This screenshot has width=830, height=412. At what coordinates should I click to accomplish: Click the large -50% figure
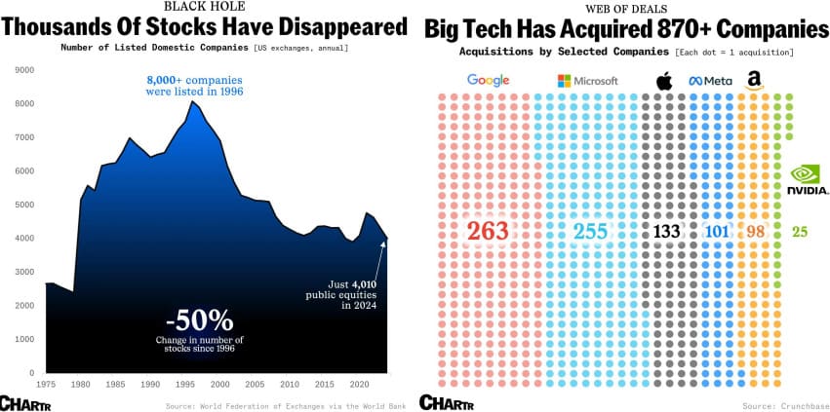tap(199, 318)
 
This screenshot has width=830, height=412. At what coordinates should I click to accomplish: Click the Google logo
tap(489, 80)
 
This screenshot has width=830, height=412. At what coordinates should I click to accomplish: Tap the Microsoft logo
tap(587, 81)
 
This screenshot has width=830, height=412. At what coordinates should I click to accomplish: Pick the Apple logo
tap(664, 80)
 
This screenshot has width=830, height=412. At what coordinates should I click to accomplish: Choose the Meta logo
tap(711, 81)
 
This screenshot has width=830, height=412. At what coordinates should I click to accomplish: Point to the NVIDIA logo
tap(808, 179)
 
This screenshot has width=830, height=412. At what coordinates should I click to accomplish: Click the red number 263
tap(488, 232)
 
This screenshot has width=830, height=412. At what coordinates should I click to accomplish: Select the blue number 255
tap(590, 232)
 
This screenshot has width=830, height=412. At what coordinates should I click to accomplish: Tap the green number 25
tap(800, 232)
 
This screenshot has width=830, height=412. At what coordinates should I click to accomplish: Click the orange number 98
tap(755, 232)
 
